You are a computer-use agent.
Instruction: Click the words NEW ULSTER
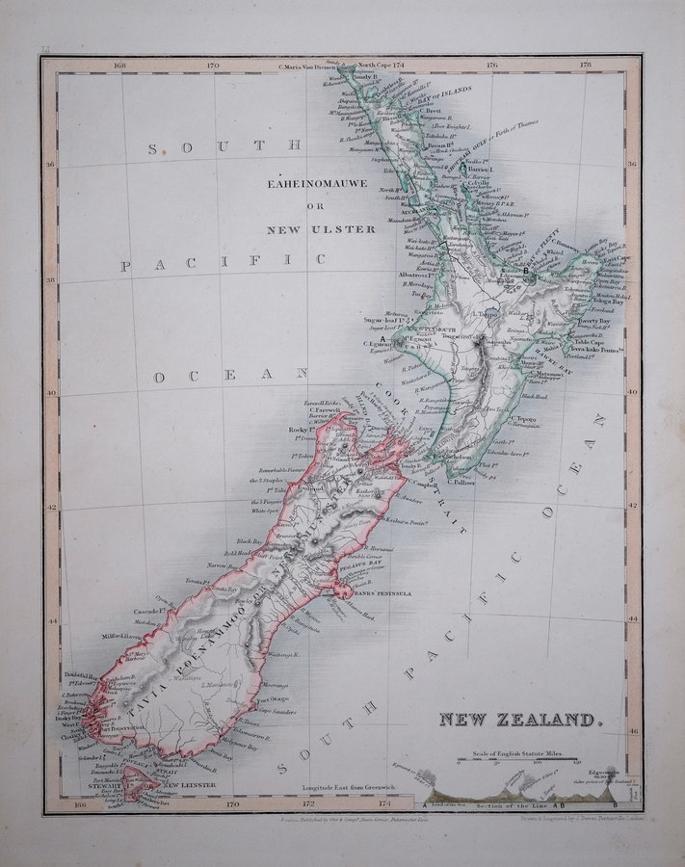[324, 231]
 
